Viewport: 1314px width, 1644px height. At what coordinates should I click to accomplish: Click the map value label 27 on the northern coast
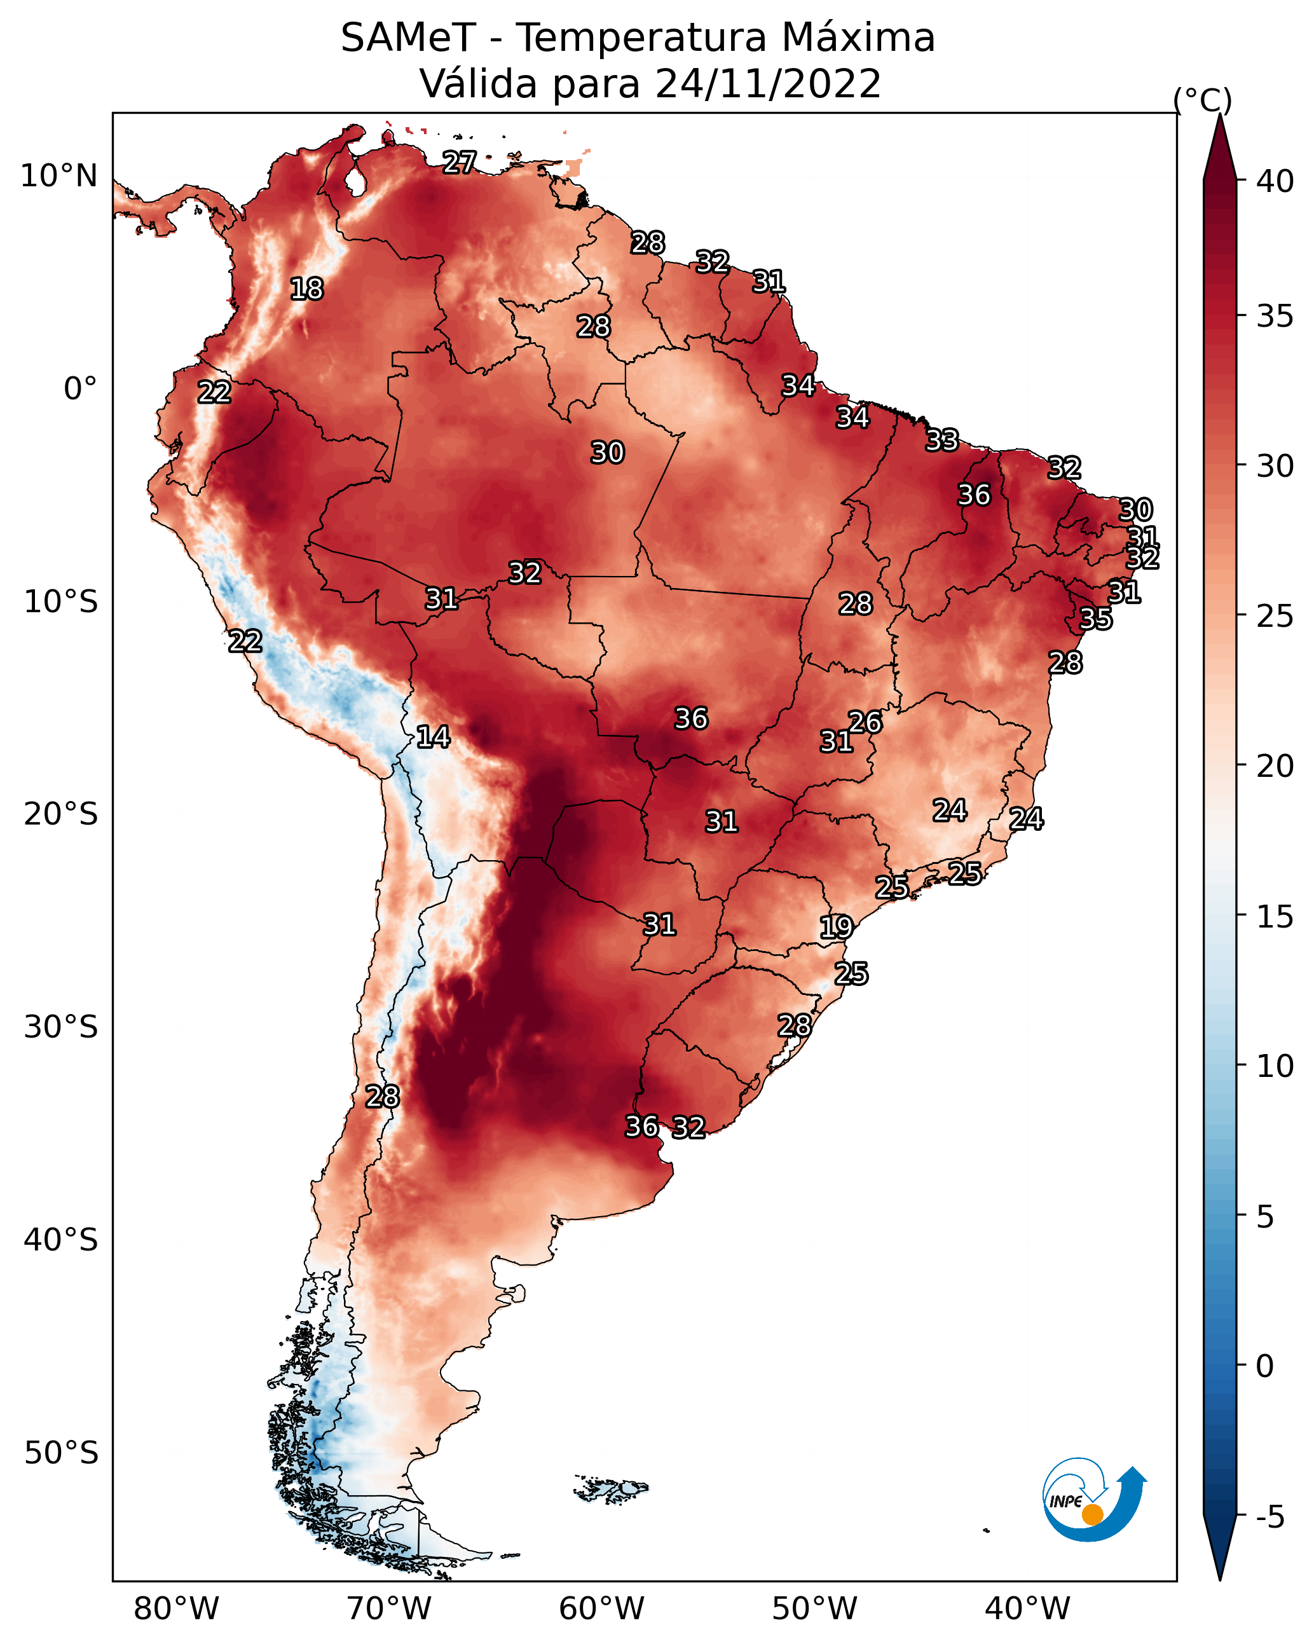click(460, 162)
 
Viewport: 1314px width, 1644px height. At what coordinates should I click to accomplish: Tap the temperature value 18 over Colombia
click(306, 289)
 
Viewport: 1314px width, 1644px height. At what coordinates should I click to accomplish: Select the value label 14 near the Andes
click(433, 737)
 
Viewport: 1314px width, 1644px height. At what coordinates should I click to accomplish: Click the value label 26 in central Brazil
click(866, 722)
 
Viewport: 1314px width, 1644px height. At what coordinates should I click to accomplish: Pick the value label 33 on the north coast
click(943, 440)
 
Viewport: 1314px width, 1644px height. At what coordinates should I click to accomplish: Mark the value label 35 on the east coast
click(1096, 619)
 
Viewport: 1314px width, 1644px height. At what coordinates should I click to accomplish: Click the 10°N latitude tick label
click(58, 176)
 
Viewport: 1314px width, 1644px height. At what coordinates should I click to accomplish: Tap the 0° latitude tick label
click(81, 389)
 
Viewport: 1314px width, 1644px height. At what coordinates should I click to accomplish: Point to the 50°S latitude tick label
click(61, 1453)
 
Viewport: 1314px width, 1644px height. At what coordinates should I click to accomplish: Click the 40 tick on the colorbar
click(1275, 181)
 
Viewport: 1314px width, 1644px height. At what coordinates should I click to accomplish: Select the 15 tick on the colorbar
click(1275, 917)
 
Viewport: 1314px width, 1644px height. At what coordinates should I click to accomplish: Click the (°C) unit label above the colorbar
click(1203, 100)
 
